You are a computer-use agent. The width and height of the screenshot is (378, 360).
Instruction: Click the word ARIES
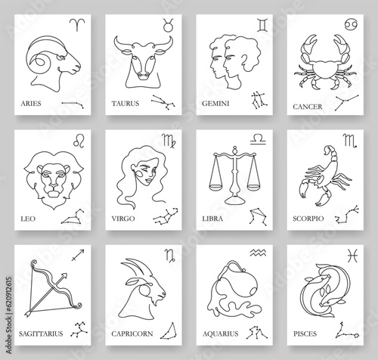click(31, 104)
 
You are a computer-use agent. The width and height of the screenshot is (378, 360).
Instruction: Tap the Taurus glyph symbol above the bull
click(168, 25)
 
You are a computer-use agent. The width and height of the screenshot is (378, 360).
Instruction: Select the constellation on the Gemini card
click(259, 100)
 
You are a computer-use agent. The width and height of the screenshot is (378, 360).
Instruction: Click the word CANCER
click(308, 107)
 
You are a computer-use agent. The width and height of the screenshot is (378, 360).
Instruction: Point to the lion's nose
click(54, 187)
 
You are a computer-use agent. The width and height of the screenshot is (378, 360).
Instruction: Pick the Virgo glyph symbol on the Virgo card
click(169, 141)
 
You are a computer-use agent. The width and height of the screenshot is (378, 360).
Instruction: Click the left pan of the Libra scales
click(216, 188)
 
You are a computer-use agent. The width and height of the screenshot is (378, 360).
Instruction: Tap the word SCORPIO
click(308, 219)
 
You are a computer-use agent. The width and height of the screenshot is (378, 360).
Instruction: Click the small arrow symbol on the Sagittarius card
click(78, 255)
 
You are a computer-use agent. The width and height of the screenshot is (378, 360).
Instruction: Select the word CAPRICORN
click(132, 334)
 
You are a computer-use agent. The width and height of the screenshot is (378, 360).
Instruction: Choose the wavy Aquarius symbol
click(258, 253)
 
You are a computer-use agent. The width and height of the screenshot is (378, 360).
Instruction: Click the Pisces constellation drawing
click(347, 331)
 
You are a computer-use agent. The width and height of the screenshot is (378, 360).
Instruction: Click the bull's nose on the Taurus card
click(143, 76)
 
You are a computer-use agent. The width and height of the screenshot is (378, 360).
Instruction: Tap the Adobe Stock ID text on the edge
click(9, 315)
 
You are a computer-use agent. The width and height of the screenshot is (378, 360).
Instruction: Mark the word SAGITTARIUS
click(41, 334)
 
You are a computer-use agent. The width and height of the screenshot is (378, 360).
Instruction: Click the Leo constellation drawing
click(73, 216)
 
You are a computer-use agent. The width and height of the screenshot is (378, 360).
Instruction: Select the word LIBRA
click(212, 219)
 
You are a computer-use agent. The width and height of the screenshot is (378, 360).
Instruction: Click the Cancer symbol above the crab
click(352, 24)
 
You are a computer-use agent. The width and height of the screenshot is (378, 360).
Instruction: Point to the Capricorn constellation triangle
click(169, 331)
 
